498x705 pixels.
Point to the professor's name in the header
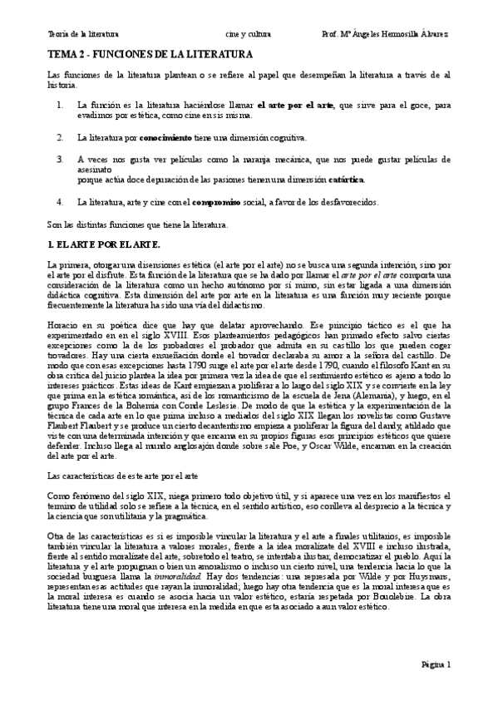386,34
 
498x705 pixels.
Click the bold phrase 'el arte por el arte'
295,106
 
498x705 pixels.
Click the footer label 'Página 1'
435,664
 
